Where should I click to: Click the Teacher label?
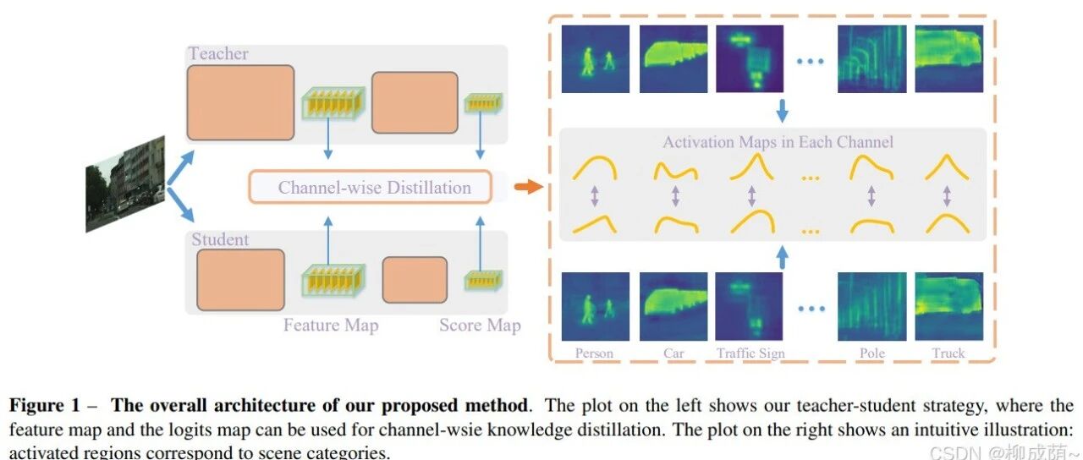218,53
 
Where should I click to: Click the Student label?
221,239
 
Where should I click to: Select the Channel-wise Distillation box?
371,187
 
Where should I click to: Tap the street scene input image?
125,184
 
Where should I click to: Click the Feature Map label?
331,326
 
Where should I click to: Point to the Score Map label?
480,326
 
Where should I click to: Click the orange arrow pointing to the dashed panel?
529,187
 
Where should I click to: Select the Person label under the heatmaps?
594,353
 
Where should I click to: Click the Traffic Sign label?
750,353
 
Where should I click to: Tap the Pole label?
872,353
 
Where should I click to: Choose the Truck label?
948,353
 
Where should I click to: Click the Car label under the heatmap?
673,353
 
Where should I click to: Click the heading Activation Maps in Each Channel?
778,142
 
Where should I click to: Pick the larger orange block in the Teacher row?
241,103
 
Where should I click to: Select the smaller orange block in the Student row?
415,280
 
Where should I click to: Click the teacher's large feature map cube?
333,103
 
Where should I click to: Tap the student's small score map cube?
483,280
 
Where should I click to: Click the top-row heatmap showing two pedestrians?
596,59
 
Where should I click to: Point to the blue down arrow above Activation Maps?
783,111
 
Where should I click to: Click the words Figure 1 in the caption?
45,405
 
